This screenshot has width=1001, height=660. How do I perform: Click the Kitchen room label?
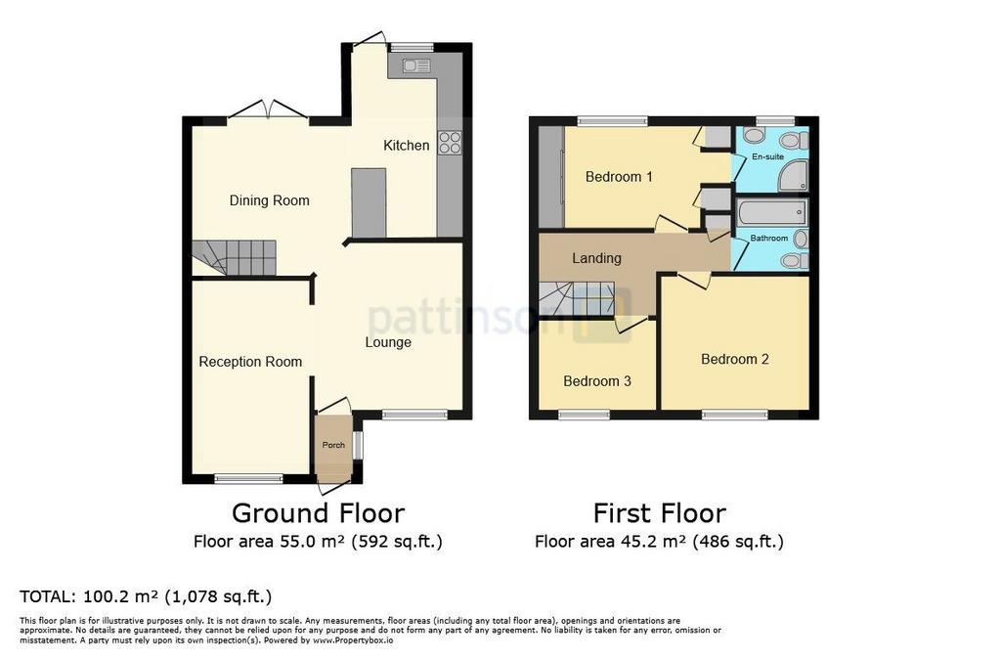pyautogui.click(x=406, y=146)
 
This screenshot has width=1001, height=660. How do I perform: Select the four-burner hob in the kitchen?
pyautogui.click(x=450, y=143)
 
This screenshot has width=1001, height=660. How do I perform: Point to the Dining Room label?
pyautogui.click(x=270, y=200)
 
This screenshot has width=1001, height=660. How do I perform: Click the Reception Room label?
pyautogui.click(x=250, y=362)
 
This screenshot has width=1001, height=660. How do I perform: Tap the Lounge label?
pyautogui.click(x=388, y=343)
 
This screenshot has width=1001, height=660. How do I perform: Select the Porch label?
pyautogui.click(x=333, y=445)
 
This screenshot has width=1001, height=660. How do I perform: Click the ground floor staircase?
pyautogui.click(x=234, y=258)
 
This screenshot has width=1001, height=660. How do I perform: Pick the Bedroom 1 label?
pyautogui.click(x=619, y=177)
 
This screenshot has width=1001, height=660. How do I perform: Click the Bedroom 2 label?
pyautogui.click(x=735, y=360)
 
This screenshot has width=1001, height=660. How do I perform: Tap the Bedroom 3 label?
pyautogui.click(x=597, y=381)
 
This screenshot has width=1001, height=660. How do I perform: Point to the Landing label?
pyautogui.click(x=596, y=258)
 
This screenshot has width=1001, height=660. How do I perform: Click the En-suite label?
pyautogui.click(x=767, y=156)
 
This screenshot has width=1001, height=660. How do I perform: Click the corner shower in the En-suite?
pyautogui.click(x=794, y=176)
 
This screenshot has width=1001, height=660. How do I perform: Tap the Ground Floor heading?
pyautogui.click(x=318, y=513)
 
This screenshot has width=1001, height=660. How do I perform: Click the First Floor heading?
pyautogui.click(x=660, y=513)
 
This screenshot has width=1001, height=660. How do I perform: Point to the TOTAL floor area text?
pyautogui.click(x=146, y=596)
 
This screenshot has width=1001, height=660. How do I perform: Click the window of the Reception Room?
pyautogui.click(x=248, y=478)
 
